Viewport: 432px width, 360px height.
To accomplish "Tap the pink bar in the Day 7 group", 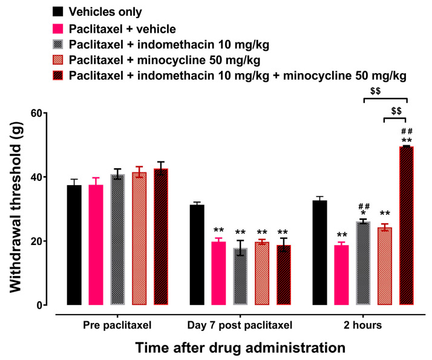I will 218,273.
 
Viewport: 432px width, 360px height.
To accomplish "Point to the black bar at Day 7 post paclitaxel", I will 197,255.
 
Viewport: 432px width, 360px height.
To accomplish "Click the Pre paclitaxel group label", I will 117,326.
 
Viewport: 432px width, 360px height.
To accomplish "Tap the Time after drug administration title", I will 240,347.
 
